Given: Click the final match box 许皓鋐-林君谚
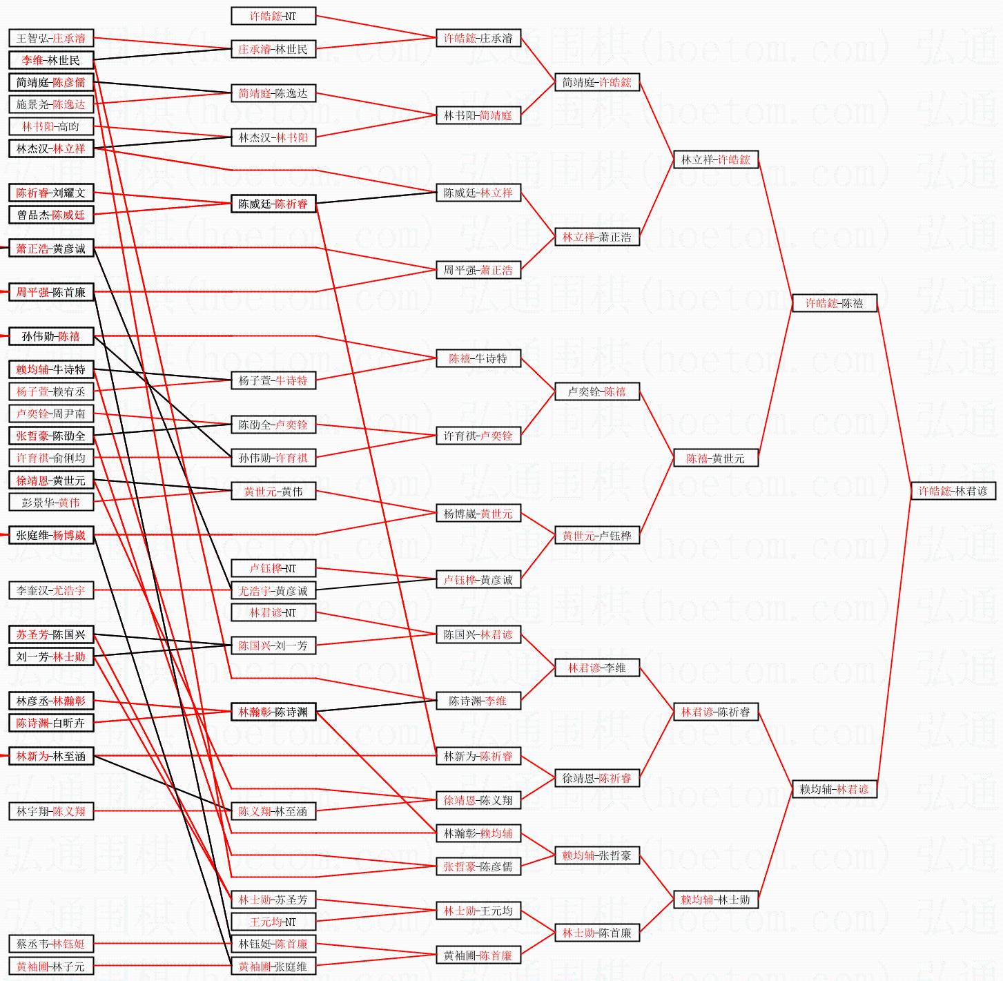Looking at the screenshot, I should point(953,491).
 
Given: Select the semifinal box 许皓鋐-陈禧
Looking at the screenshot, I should point(835,303).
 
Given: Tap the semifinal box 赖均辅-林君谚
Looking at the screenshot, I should point(835,789).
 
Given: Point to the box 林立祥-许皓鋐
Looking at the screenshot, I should point(716,159).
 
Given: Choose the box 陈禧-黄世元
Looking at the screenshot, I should point(716,458).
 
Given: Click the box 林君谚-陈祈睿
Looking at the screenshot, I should point(716,712).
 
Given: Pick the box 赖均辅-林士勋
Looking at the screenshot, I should point(716,900).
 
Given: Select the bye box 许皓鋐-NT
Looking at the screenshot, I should point(273,16).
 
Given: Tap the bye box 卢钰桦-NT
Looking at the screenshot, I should point(273,568).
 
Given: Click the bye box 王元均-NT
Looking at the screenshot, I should point(273,922).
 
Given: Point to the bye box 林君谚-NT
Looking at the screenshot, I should point(273,612).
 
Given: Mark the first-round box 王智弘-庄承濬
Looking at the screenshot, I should point(51,38).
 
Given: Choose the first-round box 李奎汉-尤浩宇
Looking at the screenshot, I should point(51,590).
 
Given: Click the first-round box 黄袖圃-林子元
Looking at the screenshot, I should point(51,967).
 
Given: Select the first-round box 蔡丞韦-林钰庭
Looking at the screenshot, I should point(51,944).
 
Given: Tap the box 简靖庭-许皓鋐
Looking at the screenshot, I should point(597,82).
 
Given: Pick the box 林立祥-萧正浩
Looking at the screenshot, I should point(597,237).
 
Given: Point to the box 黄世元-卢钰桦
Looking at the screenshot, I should point(597,535).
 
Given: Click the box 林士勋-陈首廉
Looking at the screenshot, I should point(597,933).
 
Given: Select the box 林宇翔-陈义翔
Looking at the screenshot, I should point(51,811).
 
